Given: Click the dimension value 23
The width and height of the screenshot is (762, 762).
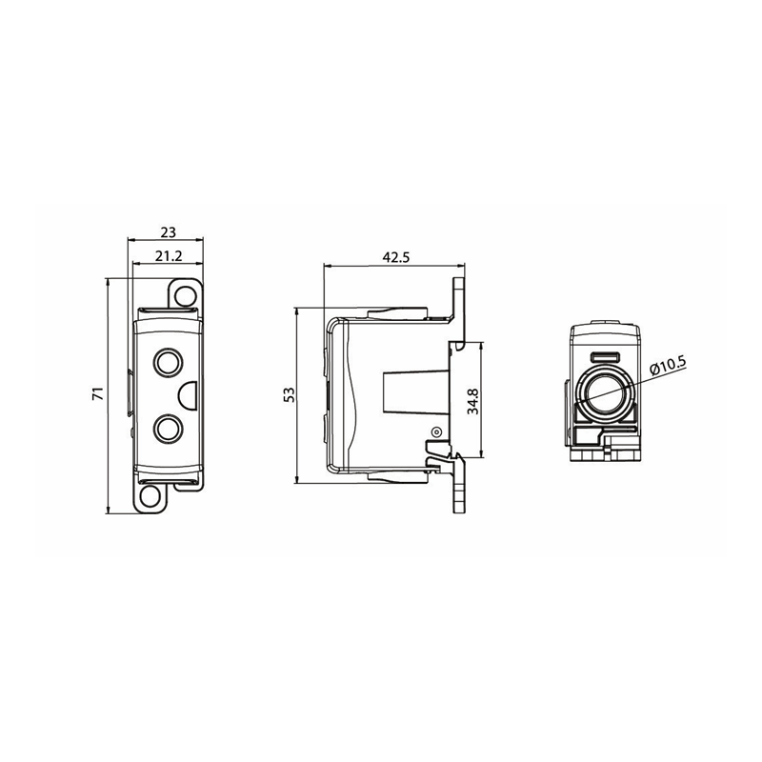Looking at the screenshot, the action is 169,232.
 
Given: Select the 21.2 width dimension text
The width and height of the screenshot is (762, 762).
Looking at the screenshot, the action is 169,256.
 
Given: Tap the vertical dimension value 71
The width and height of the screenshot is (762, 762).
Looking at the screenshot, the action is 98,393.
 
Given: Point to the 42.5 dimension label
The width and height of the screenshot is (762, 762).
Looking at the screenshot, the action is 396,257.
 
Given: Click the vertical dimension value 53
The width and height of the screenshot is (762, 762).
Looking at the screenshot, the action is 289,394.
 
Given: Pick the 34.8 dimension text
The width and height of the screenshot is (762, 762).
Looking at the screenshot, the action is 472,401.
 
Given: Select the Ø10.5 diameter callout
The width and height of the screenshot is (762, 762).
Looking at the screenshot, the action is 668,365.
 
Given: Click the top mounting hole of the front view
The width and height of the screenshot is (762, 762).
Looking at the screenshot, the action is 184,295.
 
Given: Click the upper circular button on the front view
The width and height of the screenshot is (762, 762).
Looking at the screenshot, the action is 169,362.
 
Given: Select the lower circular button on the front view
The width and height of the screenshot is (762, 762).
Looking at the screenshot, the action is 169,429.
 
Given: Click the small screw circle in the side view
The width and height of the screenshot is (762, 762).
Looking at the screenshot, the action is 436,431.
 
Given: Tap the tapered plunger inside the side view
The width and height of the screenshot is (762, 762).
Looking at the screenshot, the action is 416,393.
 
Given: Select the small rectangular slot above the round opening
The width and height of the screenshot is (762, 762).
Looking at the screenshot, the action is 604,357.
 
